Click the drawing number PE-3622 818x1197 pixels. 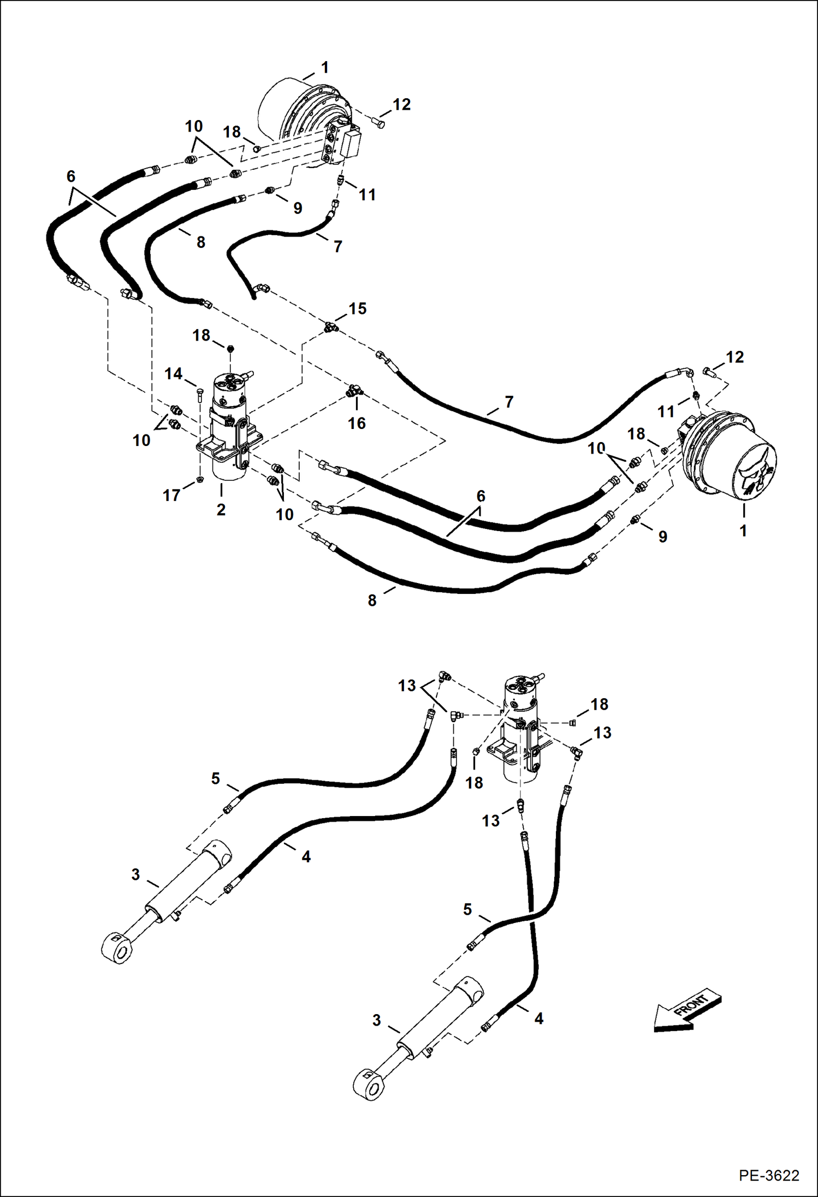coord(769,1175)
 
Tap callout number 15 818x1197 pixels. coord(358,308)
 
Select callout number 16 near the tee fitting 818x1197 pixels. coord(357,423)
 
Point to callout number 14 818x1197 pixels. coord(174,374)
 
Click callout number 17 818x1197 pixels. coord(171,495)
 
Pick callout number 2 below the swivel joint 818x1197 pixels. coord(221,509)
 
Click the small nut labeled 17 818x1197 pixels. coord(200,480)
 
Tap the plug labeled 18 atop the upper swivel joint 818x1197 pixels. coord(230,348)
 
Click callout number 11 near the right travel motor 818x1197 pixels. coord(666,411)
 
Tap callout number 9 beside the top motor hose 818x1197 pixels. coord(298,208)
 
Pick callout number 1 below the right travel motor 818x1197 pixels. coord(743,530)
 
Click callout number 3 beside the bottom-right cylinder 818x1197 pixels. coord(376,1020)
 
